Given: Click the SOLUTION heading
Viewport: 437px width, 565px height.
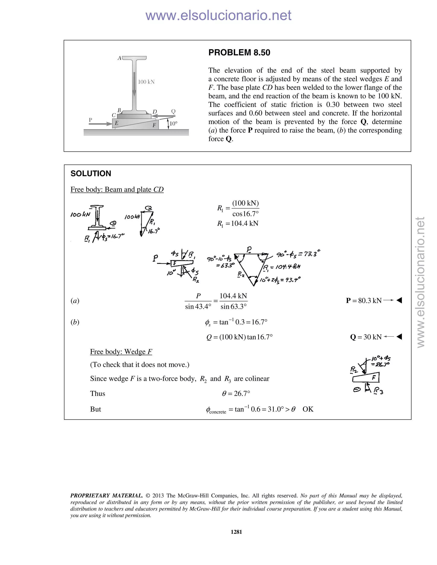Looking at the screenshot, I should click(91, 173).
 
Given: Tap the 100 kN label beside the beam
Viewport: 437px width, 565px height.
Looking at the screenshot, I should click(146, 82).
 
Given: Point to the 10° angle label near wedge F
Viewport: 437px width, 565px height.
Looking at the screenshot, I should click(173, 123).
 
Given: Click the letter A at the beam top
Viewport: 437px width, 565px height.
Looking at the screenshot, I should click(119, 58).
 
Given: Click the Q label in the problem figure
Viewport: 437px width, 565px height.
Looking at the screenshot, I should click(173, 111).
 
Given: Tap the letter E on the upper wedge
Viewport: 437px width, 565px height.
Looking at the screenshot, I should click(117, 123).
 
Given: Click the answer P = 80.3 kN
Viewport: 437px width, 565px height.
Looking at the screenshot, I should click(364, 300).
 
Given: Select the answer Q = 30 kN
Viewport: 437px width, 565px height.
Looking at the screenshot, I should click(366, 337).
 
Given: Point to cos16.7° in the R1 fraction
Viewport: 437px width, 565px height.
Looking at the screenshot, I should click(245, 214).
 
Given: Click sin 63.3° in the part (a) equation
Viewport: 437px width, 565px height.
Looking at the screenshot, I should click(233, 307).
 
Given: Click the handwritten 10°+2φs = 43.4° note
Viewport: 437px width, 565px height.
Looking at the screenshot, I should click(280, 280).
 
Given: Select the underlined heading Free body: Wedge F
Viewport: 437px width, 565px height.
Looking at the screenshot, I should click(121, 352).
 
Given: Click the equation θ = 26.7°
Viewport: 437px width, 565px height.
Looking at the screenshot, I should click(236, 394).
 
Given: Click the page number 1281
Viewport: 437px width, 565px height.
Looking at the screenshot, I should click(236, 532).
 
